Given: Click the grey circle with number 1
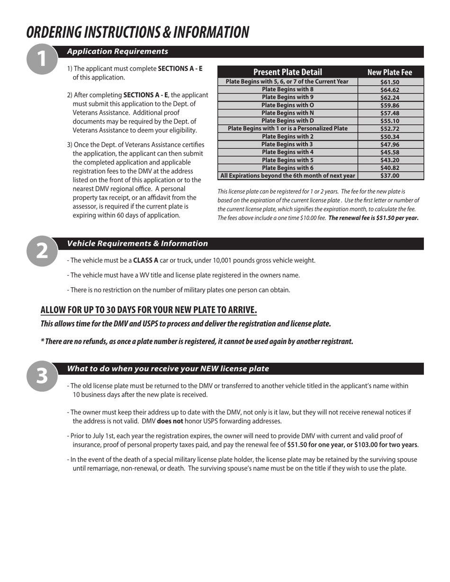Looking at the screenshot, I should [42, 59].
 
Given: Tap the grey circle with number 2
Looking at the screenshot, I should [42, 251].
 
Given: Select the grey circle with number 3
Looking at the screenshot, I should [42, 376].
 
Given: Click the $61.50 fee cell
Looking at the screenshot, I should [390, 82].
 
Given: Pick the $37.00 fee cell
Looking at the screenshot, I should [390, 176].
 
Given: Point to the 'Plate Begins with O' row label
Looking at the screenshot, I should [288, 105].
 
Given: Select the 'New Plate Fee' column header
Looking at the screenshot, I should [390, 72].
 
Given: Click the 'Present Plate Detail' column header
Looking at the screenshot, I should [288, 72].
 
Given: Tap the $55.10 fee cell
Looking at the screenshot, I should [390, 121].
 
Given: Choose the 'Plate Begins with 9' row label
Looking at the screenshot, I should [288, 97].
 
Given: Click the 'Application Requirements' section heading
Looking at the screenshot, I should [117, 52].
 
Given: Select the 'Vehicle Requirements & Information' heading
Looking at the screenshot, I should [137, 244].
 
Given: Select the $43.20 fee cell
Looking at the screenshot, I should [390, 160].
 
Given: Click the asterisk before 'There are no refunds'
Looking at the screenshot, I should [43, 341].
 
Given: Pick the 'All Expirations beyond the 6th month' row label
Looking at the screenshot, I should [288, 176].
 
